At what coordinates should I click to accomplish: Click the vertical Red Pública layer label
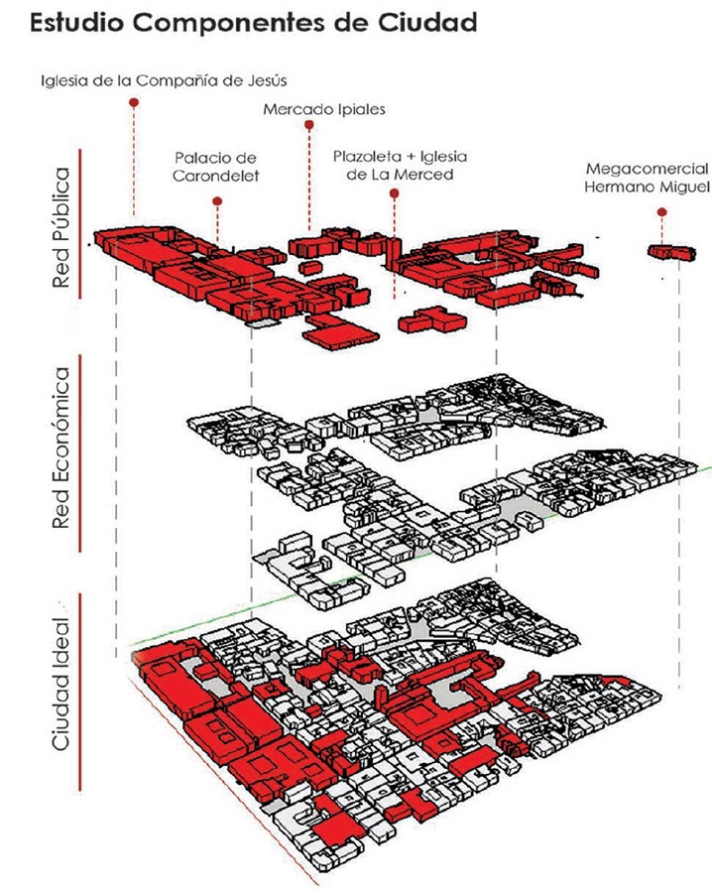pyautogui.click(x=61, y=228)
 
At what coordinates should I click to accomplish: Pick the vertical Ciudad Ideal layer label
pyautogui.click(x=61, y=685)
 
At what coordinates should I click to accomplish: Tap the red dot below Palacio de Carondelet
pyautogui.click(x=216, y=201)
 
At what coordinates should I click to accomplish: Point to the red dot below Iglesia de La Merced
pyautogui.click(x=395, y=194)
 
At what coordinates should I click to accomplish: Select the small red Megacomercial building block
pyautogui.click(x=666, y=252)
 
